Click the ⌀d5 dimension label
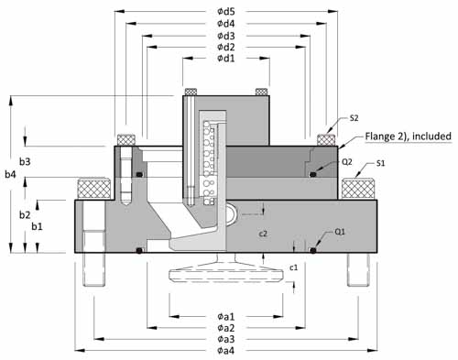tap(226, 12)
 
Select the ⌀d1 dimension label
tap(226, 58)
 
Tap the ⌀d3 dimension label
tap(226, 36)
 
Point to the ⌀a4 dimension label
tap(226, 350)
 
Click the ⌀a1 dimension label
tap(226, 317)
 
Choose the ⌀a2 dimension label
tap(226, 328)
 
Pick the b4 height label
tap(10, 174)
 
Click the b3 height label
tap(25, 162)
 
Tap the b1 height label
tap(38, 226)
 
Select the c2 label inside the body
tap(263, 234)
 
